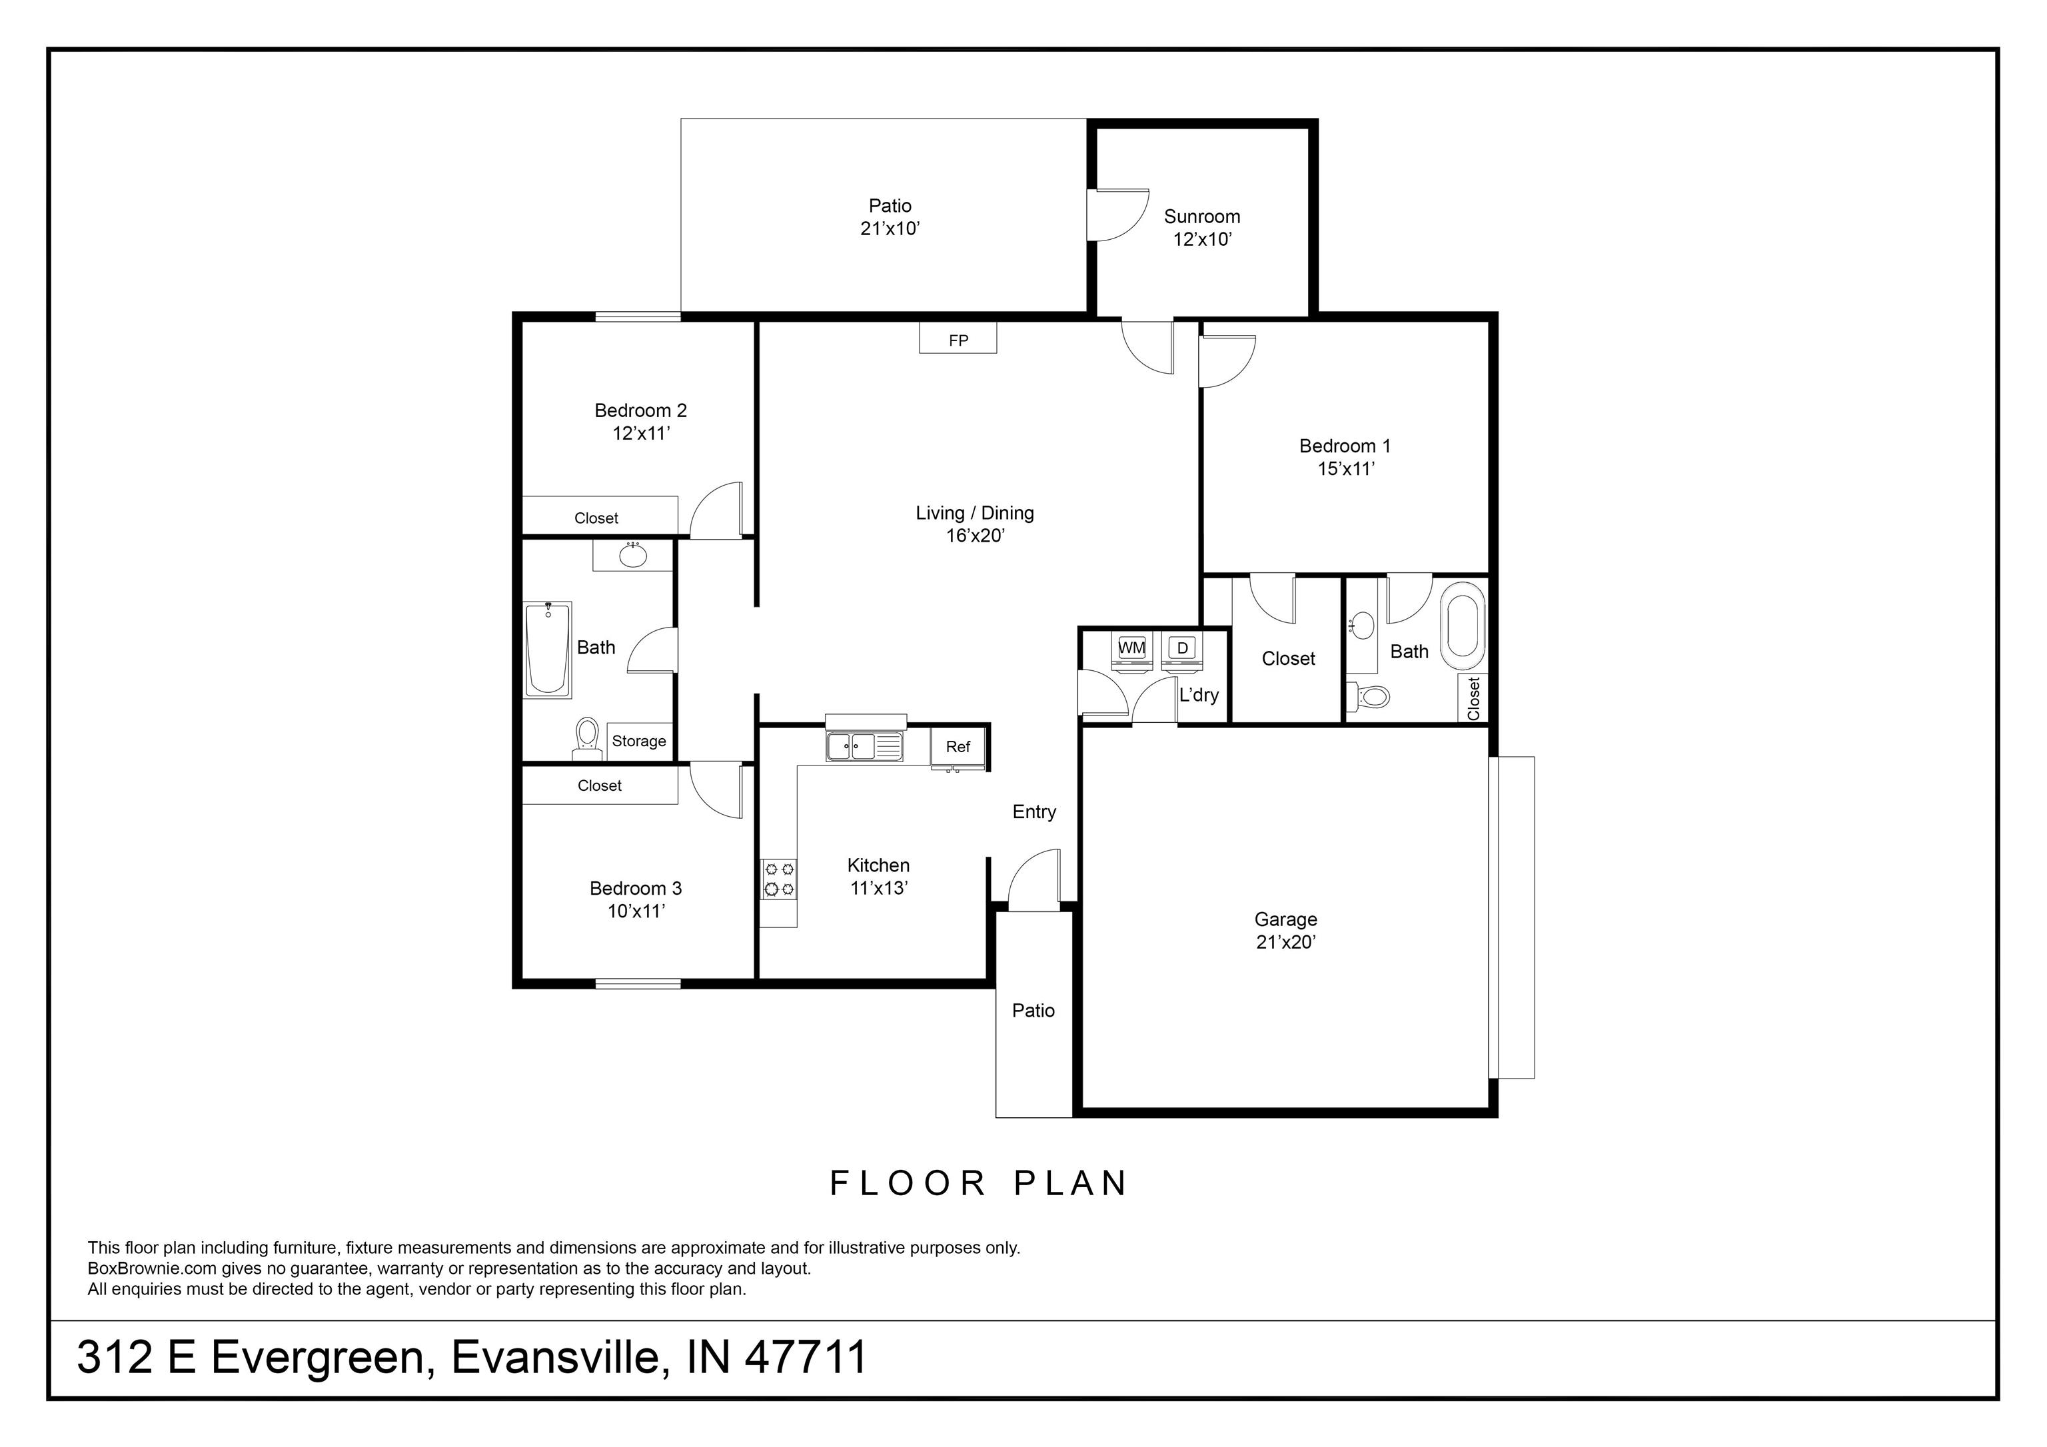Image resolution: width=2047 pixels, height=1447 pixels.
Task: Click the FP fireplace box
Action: pyautogui.click(x=958, y=339)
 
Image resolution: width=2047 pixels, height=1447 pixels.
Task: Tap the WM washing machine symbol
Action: pyautogui.click(x=1131, y=648)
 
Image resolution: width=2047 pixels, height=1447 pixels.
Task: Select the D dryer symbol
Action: pyautogui.click(x=1182, y=648)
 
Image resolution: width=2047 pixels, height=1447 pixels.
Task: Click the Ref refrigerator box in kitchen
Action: pyautogui.click(x=958, y=747)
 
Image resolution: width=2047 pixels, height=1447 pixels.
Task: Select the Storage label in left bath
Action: pyautogui.click(x=638, y=741)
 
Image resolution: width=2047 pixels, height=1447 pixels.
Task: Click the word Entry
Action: pyautogui.click(x=1034, y=812)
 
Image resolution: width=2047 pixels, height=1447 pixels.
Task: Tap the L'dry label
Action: pyautogui.click(x=1198, y=696)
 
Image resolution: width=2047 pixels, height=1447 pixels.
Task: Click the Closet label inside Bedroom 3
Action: pyautogui.click(x=599, y=785)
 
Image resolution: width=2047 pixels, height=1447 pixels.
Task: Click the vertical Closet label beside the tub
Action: pyautogui.click(x=1473, y=698)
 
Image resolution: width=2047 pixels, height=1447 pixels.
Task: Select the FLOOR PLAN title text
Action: pyautogui.click(x=979, y=1183)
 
